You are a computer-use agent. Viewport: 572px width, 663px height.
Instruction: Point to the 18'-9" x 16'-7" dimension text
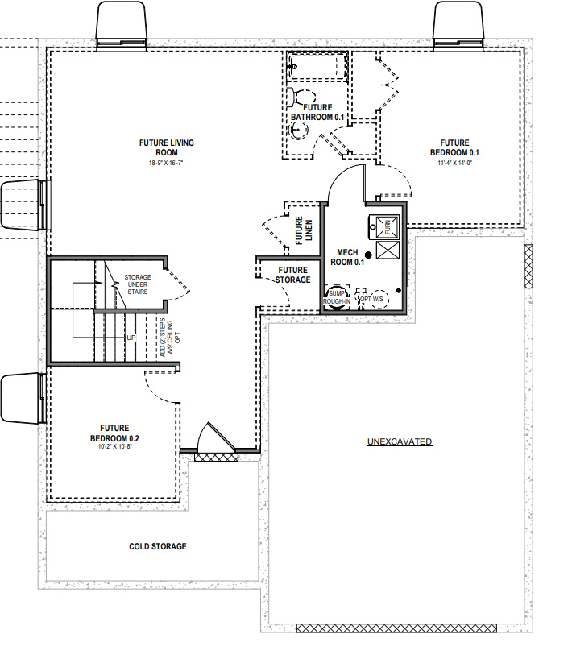pos(166,164)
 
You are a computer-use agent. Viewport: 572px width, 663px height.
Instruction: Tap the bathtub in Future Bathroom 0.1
pos(317,66)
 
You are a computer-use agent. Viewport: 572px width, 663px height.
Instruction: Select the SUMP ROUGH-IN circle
pos(336,297)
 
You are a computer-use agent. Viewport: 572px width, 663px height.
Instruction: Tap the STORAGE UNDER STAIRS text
pos(136,284)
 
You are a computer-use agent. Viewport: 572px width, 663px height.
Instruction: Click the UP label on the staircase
pos(131,338)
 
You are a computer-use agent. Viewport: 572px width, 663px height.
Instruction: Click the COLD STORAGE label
pos(158,546)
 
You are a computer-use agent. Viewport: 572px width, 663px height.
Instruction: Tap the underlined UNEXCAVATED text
pos(400,441)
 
